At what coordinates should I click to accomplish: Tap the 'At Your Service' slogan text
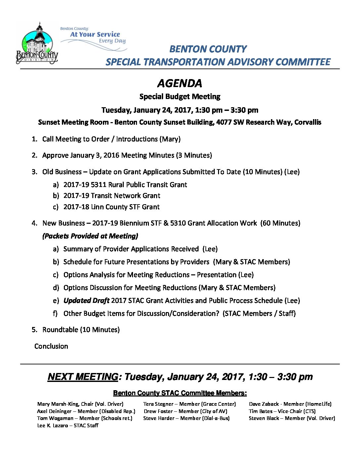pyautogui.click(x=95, y=34)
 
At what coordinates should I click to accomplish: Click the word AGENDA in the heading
pyautogui.click(x=180, y=83)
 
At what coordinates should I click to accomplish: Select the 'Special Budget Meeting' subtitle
pyautogui.click(x=180, y=97)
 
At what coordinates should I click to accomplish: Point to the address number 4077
pyautogui.click(x=224, y=122)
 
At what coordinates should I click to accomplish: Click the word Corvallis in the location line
pyautogui.click(x=308, y=122)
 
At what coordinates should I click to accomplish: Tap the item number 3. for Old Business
pyautogui.click(x=35, y=172)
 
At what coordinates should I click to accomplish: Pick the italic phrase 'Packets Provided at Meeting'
pyautogui.click(x=90, y=236)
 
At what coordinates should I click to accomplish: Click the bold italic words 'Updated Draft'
pyautogui.click(x=86, y=301)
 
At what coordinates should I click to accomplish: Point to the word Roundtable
pyautogui.click(x=60, y=330)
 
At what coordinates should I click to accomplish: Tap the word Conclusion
pyautogui.click(x=51, y=346)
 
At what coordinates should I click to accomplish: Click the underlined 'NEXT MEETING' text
pyautogui.click(x=83, y=377)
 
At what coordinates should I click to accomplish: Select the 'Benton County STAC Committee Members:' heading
pyautogui.click(x=180, y=393)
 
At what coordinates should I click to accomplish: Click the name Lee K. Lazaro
pyautogui.click(x=52, y=425)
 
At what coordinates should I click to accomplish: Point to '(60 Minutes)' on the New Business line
pyautogui.click(x=280, y=223)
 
